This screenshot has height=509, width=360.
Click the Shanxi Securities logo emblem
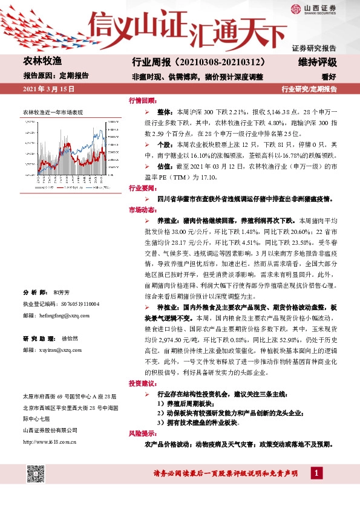coord(296,8)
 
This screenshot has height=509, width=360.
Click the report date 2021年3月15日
coord(48,89)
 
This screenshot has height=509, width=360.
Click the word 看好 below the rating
coord(329,77)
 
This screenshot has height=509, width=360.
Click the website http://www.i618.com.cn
coord(49,441)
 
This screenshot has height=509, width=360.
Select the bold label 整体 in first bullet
coord(165,112)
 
